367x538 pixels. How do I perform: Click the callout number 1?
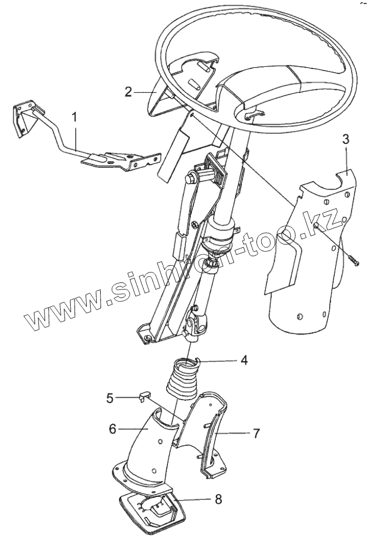coord(75,118)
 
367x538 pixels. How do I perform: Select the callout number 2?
coord(128,92)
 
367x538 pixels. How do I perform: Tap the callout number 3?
coord(345,139)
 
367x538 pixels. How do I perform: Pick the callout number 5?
coord(110,398)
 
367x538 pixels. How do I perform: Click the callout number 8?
coord(218,499)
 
